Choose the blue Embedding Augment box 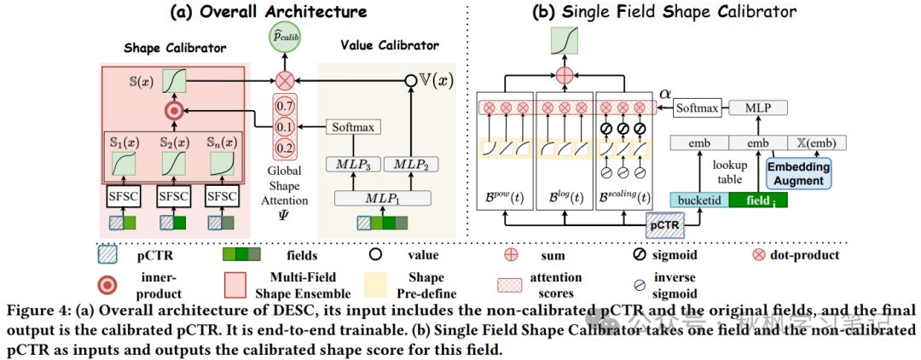click(800, 173)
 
